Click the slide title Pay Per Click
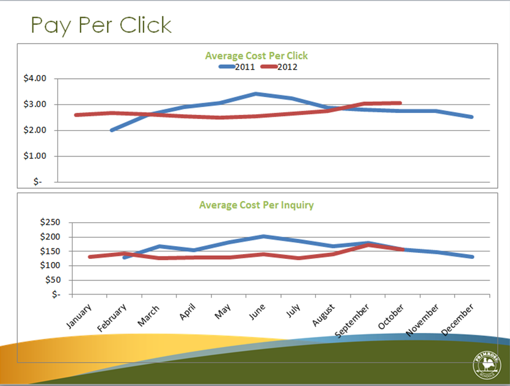coord(101,25)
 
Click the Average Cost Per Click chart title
coord(257,56)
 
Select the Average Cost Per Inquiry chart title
coord(257,205)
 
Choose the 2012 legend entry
coord(278,67)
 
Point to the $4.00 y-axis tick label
coord(35,79)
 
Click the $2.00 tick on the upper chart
coord(35,131)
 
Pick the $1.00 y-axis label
coord(35,156)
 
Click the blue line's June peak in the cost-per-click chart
coord(256,94)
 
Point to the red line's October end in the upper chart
coord(400,103)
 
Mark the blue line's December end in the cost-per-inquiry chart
coord(472,257)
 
